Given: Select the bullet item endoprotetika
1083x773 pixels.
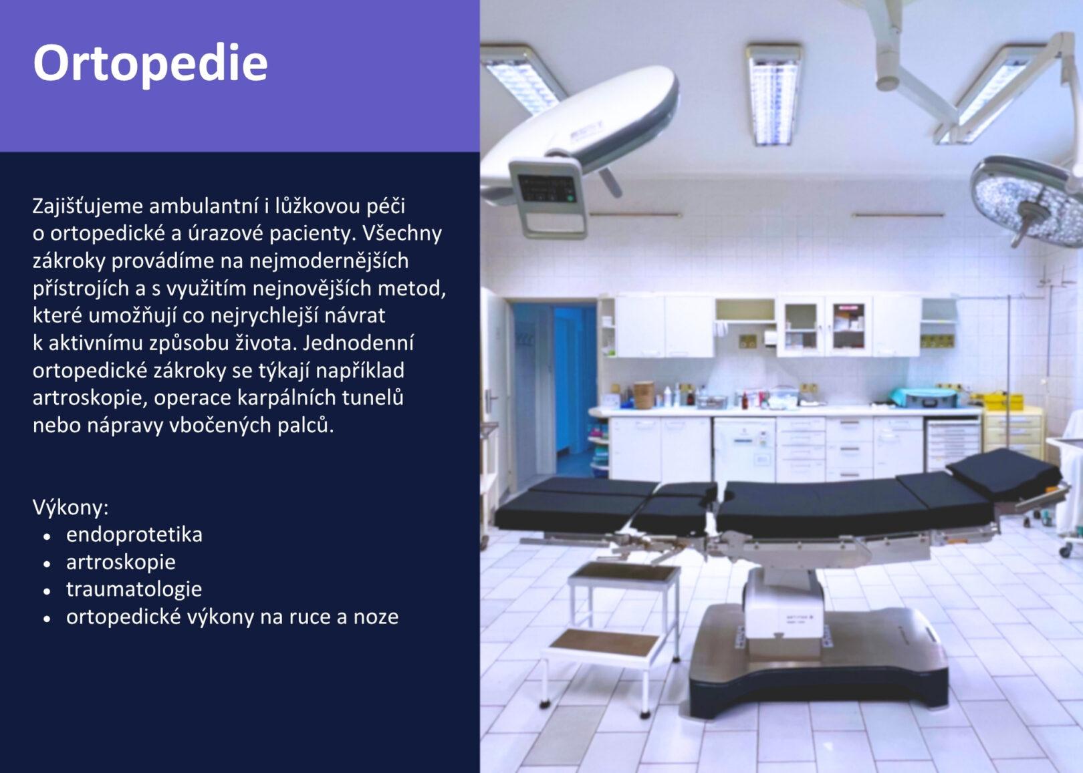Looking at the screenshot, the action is pyautogui.click(x=134, y=534).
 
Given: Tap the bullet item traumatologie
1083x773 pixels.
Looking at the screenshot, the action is pyautogui.click(x=134, y=589).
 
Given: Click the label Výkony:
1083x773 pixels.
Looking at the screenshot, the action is pyautogui.click(x=71, y=508).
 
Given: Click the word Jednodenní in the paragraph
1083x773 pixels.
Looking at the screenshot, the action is pyautogui.click(x=358, y=343).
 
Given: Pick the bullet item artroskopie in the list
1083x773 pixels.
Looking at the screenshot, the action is pyautogui.click(x=121, y=563).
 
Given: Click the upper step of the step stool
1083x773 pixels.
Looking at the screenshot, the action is pyautogui.click(x=624, y=573).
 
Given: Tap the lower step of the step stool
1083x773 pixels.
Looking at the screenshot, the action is pyautogui.click(x=605, y=643).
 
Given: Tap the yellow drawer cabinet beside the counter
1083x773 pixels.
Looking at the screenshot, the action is pyautogui.click(x=1012, y=432).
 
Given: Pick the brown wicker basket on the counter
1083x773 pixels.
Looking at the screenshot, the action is pyautogui.click(x=644, y=395).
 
